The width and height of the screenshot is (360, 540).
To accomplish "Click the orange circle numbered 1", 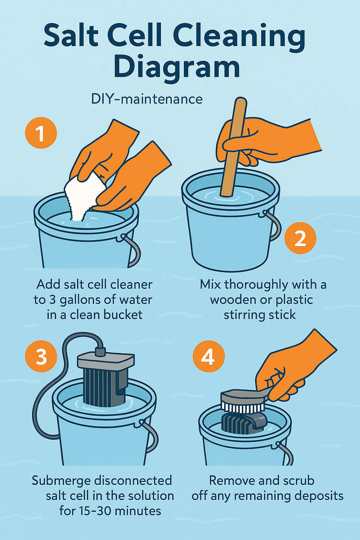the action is [41, 133].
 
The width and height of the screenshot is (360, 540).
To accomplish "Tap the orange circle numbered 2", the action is [300, 238].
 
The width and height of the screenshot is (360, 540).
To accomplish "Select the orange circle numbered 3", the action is [41, 356].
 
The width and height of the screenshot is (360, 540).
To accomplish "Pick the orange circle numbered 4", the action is [209, 356].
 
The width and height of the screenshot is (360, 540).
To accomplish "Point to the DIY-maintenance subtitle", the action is [147, 99].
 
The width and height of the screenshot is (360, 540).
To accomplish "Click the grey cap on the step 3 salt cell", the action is [106, 361].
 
